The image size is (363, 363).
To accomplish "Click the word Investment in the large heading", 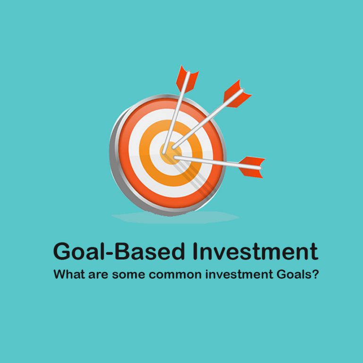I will pos(255,251).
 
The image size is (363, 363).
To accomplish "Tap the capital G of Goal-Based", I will pos(62,251).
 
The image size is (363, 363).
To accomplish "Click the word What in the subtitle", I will pos(68,274).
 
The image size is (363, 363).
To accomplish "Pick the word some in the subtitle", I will pos(125,275).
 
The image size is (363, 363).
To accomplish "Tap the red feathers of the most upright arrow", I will pos(186,78).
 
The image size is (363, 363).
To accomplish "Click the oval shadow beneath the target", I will pos(175,217).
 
